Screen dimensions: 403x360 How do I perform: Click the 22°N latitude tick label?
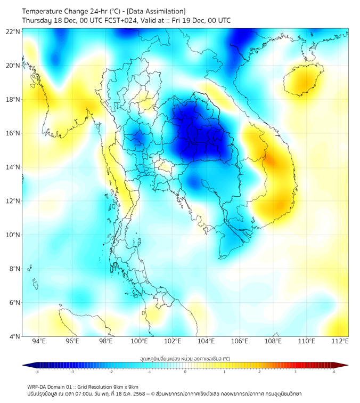13,31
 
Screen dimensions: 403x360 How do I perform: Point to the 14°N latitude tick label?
13,167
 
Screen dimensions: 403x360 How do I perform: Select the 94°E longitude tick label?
39,341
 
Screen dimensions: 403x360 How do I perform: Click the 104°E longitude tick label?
206,341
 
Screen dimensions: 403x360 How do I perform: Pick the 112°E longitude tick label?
340,341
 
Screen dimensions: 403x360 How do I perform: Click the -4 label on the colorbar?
37,372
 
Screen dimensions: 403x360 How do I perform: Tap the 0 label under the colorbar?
185,372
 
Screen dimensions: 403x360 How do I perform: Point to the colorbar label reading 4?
333,372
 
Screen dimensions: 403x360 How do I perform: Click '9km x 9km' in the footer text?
125,386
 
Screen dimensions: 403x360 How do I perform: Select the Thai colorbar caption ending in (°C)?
185,358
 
